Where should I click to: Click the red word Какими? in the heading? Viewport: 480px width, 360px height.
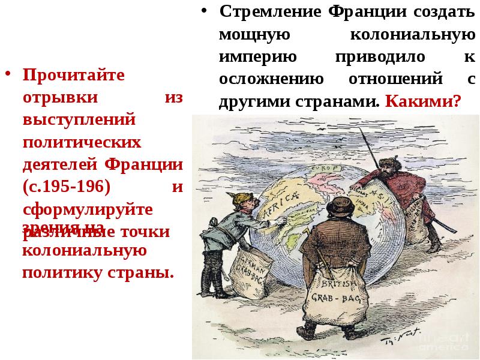424,100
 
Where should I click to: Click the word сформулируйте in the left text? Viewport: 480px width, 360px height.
88,209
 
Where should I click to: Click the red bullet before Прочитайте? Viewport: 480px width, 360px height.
8,75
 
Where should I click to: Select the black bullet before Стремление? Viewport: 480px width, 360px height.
205,11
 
